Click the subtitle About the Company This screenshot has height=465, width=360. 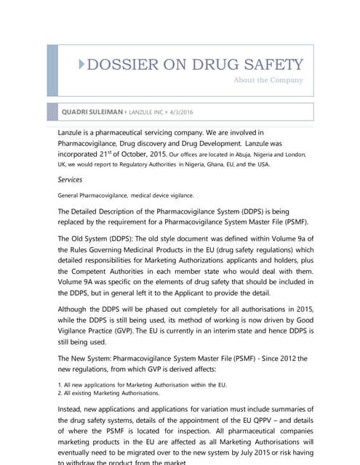268,80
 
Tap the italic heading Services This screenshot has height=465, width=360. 70,179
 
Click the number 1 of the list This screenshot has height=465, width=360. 59,384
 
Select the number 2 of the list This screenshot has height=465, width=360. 59,392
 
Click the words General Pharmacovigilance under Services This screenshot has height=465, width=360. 92,195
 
